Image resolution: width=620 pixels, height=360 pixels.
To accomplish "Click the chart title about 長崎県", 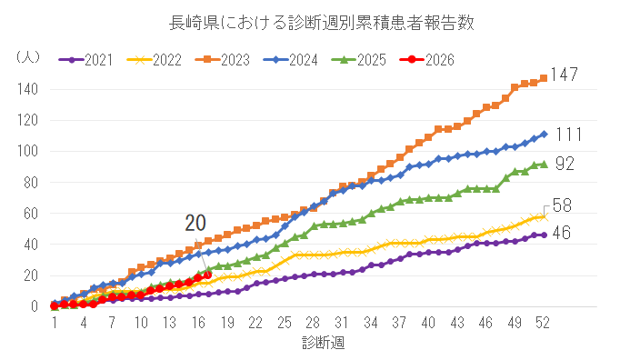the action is [322, 23].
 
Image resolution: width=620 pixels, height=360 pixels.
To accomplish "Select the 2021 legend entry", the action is [85, 60].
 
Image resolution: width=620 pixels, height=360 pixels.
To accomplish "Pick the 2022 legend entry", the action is [155, 60].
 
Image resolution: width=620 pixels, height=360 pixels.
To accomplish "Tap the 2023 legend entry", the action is [222, 60].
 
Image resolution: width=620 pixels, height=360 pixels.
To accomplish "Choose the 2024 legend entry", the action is [291, 60].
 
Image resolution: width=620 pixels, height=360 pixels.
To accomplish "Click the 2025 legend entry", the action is [358, 60].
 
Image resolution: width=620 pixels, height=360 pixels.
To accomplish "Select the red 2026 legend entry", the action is [427, 60].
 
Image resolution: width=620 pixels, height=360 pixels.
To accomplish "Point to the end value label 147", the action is [565, 75].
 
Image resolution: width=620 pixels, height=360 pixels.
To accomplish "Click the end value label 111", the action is [569, 135].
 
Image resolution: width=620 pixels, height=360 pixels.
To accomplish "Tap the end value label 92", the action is [565, 164].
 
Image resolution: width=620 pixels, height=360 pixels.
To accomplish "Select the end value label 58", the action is [562, 205].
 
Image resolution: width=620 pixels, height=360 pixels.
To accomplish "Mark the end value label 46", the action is [562, 233].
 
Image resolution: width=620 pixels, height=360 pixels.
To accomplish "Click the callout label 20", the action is [195, 224].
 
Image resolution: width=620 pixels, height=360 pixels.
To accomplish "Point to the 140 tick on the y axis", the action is [27, 89].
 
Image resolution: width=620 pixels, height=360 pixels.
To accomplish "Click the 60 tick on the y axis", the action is [31, 214].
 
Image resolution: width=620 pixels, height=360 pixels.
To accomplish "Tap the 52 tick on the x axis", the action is [543, 324].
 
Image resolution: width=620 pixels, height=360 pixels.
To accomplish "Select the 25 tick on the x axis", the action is [285, 324].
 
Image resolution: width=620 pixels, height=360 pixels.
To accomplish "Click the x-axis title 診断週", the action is [324, 343].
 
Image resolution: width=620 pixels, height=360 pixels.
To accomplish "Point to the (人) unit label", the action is [28, 57].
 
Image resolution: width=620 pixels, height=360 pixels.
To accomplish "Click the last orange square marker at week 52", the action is [544, 78].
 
